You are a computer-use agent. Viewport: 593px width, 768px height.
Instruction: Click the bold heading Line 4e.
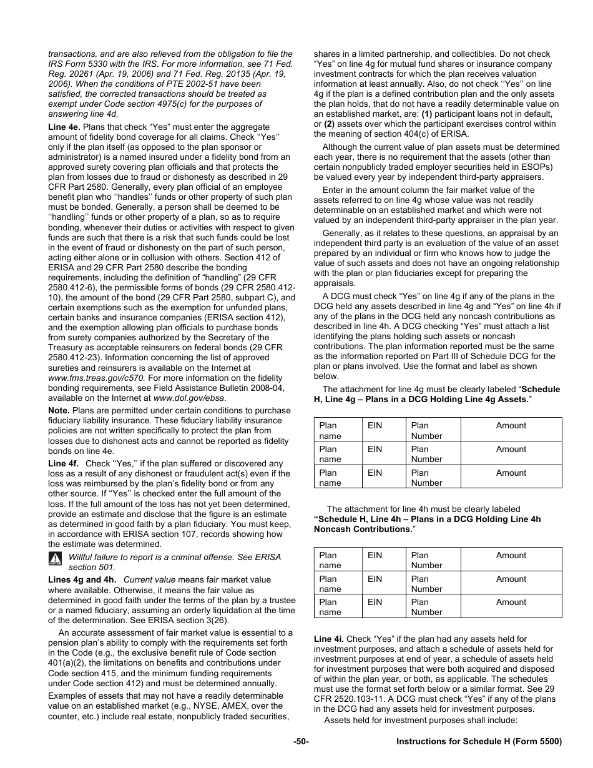coord(64,127)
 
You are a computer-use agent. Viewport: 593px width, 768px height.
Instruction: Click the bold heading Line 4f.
coord(64,463)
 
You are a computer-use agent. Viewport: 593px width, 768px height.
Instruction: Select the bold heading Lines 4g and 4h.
coord(82,579)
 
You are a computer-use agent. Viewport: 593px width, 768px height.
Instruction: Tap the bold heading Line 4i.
coord(328,639)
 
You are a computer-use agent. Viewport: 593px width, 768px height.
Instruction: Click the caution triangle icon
coord(56,558)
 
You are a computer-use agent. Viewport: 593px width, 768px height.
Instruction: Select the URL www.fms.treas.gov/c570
coord(96,378)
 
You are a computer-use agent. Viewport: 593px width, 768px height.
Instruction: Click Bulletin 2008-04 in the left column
coord(252,388)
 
